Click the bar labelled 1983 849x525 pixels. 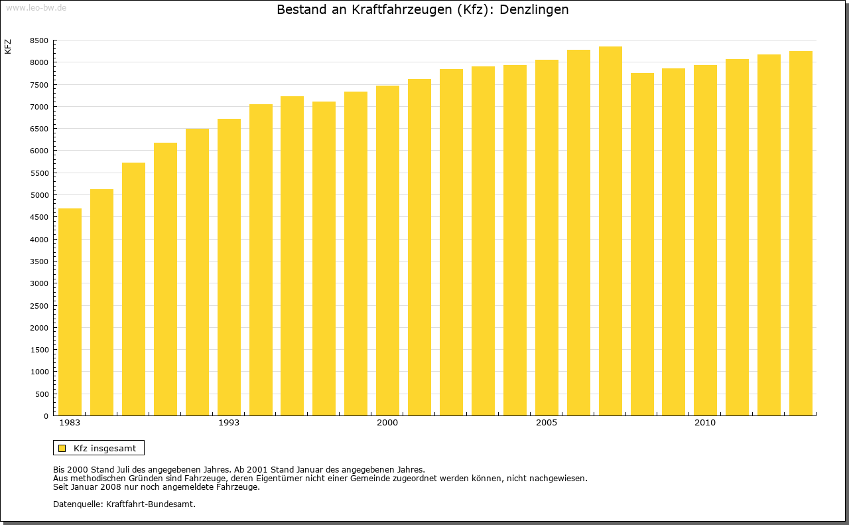70,312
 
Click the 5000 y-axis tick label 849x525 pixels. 39,195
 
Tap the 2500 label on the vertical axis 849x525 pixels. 39,305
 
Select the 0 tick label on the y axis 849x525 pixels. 45,416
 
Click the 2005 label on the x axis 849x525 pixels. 547,423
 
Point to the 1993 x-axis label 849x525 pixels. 229,423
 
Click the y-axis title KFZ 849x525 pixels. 8,46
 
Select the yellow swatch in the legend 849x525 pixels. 62,448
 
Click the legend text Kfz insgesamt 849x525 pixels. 105,448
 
